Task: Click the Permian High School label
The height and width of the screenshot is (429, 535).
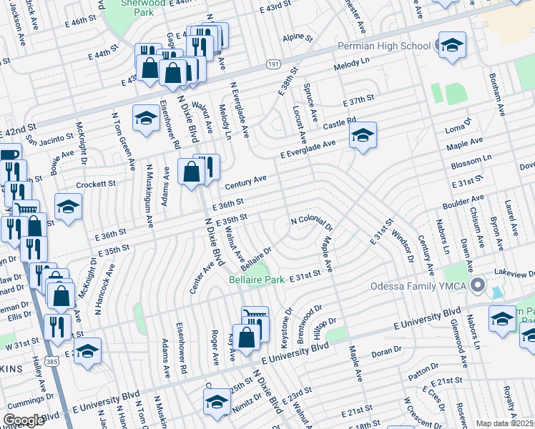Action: [x=385, y=46]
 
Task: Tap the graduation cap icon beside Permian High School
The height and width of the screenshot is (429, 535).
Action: [x=451, y=46]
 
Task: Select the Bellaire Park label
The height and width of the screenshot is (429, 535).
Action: [x=257, y=280]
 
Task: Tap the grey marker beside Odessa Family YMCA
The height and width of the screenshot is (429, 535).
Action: [x=477, y=287]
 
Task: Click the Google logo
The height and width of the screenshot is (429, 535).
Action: [x=24, y=420]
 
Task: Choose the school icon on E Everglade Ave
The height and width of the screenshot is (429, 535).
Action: [x=363, y=134]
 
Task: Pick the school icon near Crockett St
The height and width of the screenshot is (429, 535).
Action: [x=69, y=207]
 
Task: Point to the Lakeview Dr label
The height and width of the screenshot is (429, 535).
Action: [x=514, y=274]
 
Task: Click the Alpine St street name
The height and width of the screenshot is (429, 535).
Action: [x=293, y=36]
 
